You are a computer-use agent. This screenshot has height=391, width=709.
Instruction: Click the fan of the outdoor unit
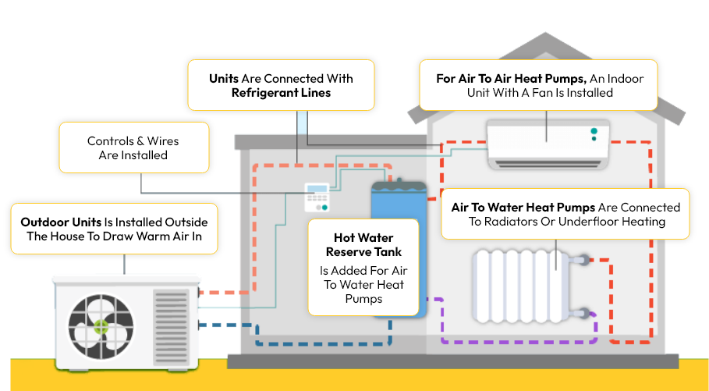[x=99, y=326]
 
